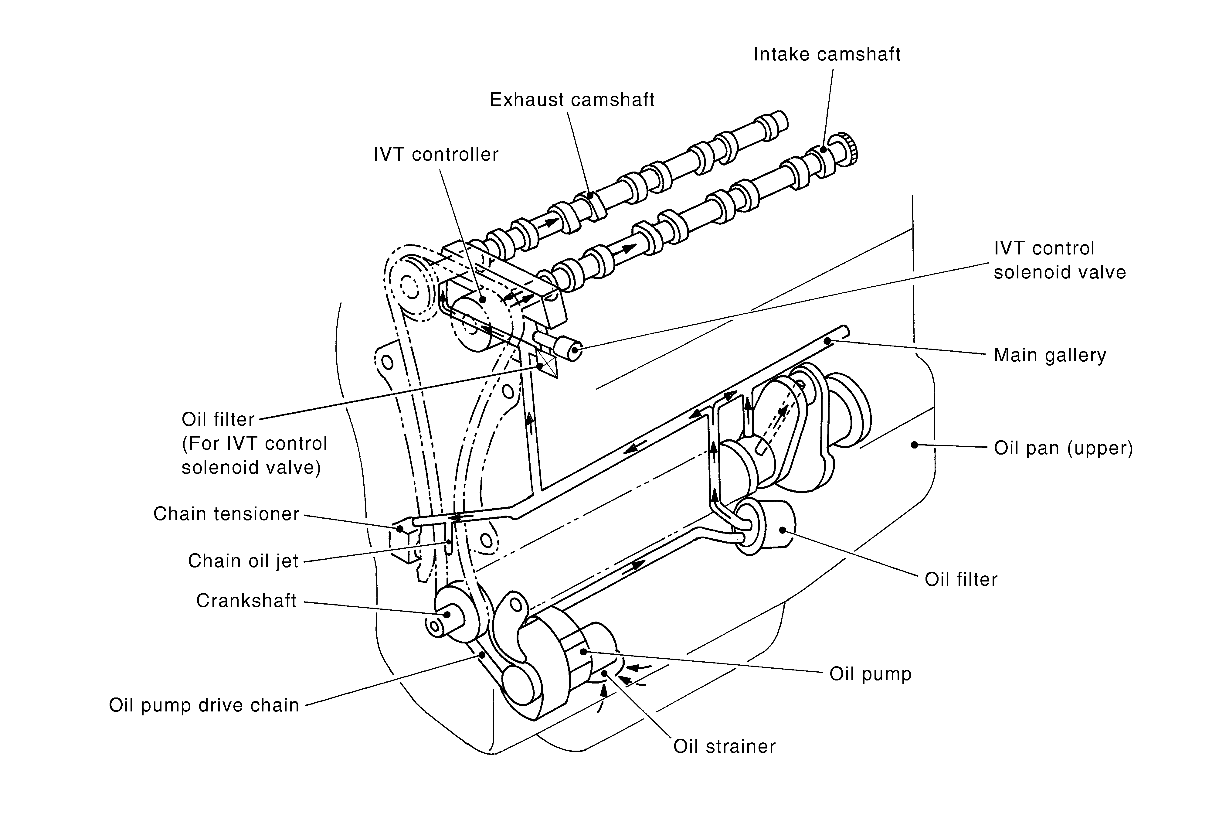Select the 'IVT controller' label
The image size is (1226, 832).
coord(436,155)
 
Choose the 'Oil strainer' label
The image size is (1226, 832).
coord(724,747)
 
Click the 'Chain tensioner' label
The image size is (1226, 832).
coord(226,514)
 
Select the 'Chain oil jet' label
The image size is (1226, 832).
coord(243,561)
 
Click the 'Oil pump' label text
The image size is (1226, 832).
coord(871,674)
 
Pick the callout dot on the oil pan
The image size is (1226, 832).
coord(914,445)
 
